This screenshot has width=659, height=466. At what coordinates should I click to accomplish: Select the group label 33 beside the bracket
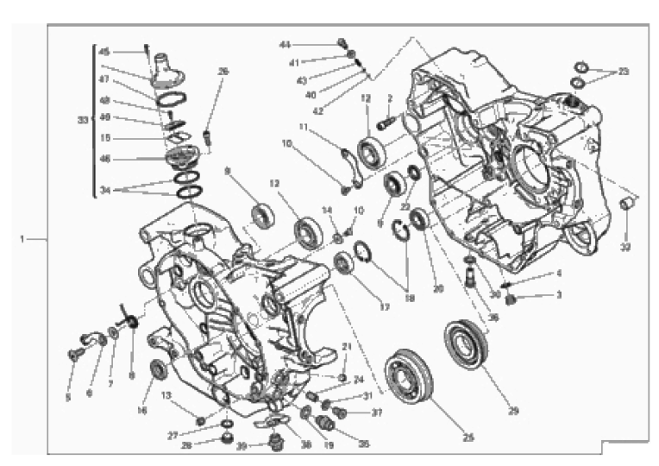click(83, 121)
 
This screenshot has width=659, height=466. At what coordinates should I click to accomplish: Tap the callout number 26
click(223, 72)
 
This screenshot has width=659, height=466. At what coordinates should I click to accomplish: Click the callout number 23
click(624, 71)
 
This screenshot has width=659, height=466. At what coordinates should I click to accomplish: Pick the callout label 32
click(625, 247)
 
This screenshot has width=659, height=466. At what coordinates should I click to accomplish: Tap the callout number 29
click(513, 411)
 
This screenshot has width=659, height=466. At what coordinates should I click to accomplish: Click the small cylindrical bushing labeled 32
click(627, 205)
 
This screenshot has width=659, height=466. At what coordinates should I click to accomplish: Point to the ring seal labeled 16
click(159, 370)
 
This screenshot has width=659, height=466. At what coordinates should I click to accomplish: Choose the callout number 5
click(68, 398)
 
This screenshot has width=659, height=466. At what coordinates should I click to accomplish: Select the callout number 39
click(242, 445)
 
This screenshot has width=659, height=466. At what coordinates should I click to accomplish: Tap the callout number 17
click(385, 306)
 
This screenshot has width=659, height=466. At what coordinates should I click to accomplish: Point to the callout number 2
click(390, 98)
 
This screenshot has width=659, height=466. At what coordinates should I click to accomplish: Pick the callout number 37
click(376, 412)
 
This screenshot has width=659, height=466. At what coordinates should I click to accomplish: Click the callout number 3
click(558, 294)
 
